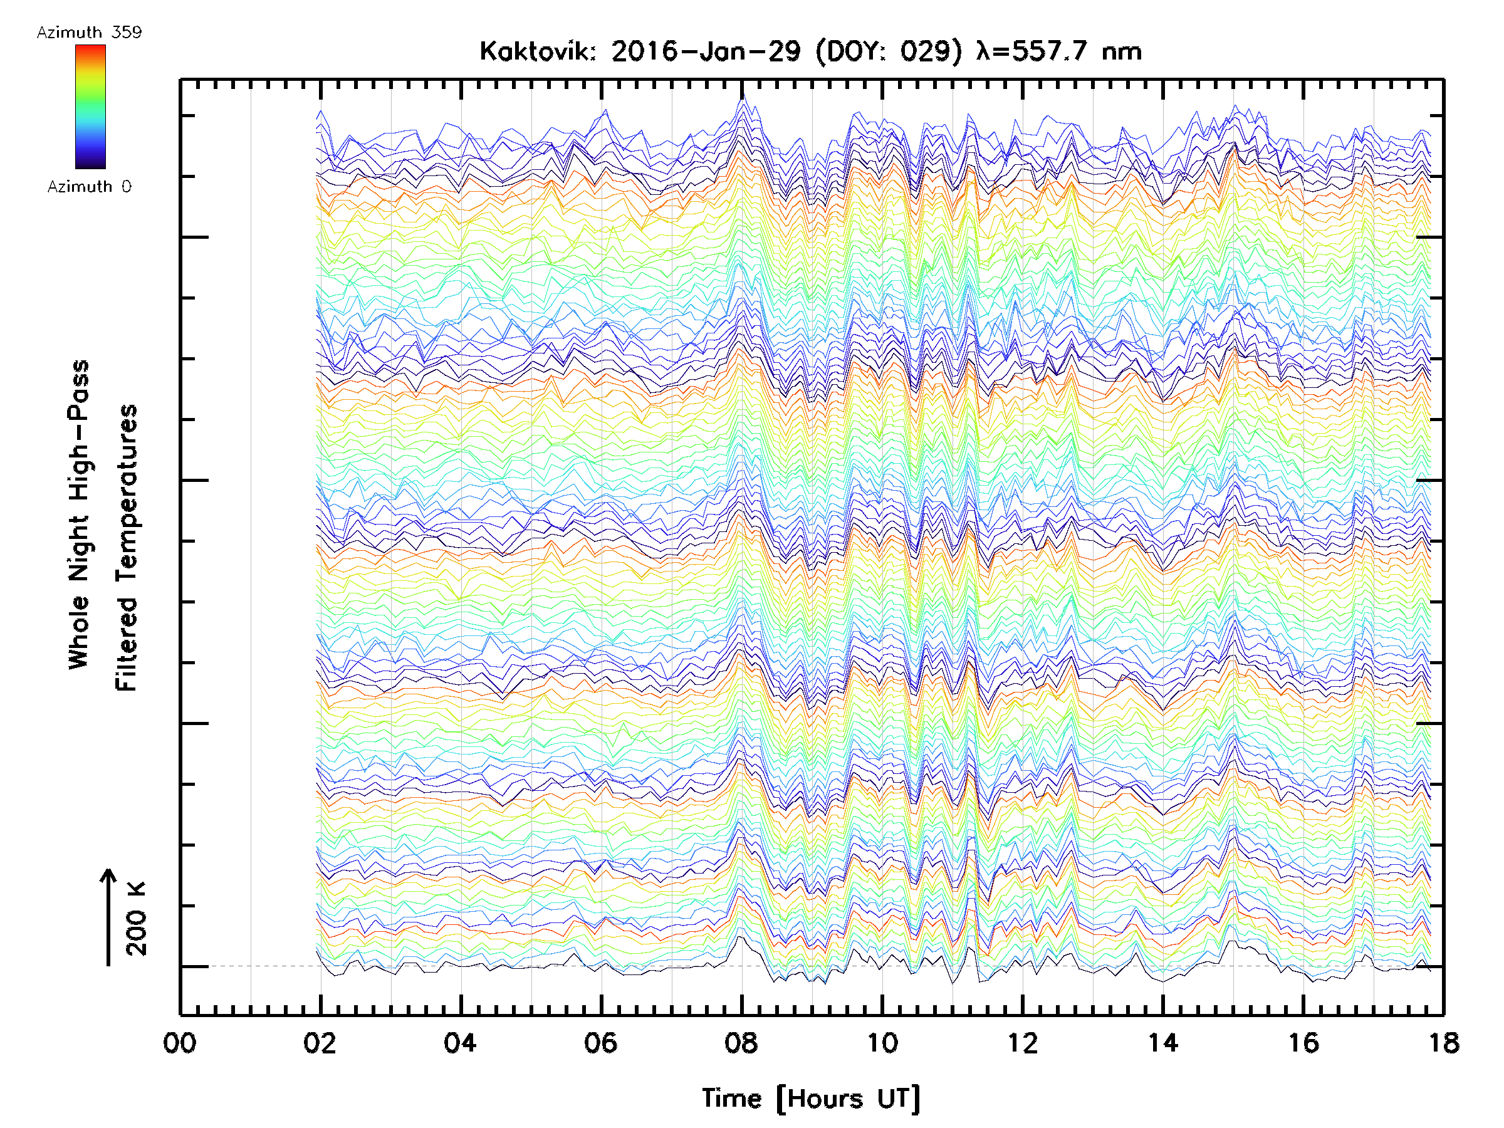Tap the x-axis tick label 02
320,1042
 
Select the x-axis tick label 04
461,1042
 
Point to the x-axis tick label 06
601,1042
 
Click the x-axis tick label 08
741,1042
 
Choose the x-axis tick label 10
882,1042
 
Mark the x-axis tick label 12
1023,1042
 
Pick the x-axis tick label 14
1163,1042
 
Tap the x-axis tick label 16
1303,1042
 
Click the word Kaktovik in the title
538,51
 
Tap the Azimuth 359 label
89,33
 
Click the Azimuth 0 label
89,186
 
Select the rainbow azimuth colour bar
90,107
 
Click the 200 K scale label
137,918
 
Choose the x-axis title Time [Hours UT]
811,1099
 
